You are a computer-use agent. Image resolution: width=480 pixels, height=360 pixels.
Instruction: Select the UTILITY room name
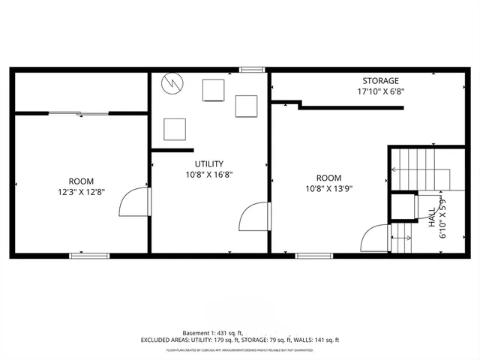(209, 163)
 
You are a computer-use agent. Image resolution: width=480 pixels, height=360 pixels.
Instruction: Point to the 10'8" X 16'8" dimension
(209, 175)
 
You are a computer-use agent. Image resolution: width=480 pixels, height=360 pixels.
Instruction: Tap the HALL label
(433, 218)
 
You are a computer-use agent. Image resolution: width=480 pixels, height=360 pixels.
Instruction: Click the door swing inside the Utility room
(253, 217)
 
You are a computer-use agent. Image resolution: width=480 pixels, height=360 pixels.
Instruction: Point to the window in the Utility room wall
(252, 70)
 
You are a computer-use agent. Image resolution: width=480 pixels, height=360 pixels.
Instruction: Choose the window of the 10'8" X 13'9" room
(314, 256)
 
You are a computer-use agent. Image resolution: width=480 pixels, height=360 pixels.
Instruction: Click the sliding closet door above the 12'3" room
(79, 113)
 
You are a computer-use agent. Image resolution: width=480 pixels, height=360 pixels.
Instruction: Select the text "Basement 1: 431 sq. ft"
(212, 332)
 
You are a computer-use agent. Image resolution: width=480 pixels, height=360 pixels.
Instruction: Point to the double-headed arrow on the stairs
(401, 238)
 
